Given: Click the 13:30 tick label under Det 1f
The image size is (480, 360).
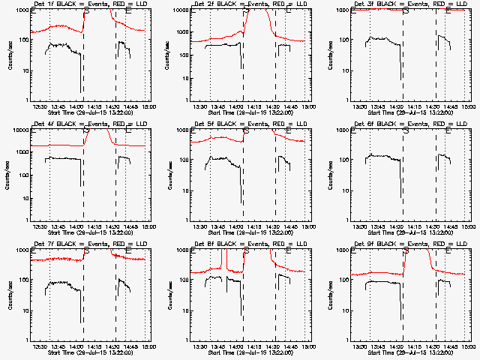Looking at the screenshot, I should (40, 106).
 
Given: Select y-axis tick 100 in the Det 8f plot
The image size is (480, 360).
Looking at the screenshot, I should (184, 280).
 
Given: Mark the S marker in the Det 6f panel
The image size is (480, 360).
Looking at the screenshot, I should (406, 130).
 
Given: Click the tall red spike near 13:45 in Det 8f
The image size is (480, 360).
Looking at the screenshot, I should (223, 259).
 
